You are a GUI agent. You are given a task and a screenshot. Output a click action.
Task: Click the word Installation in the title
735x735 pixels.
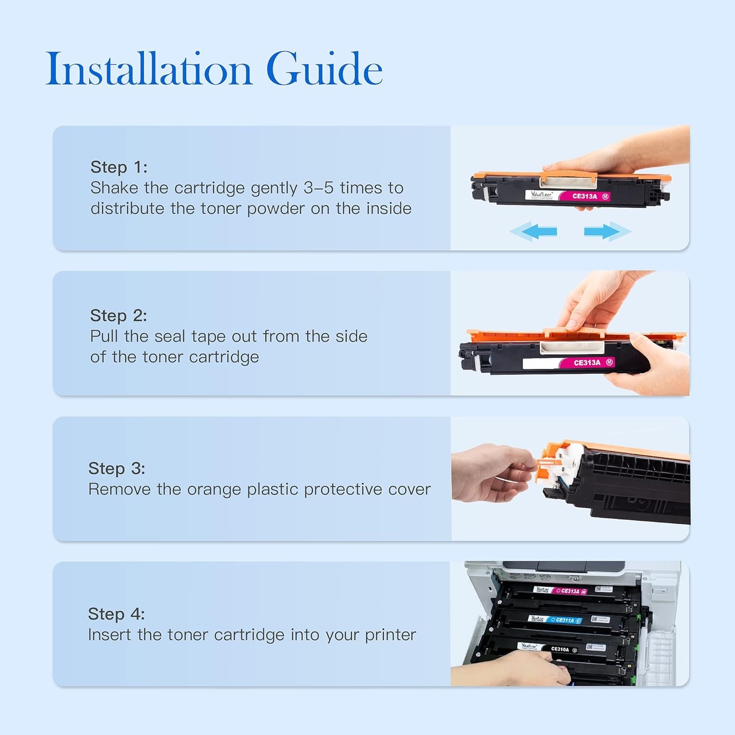tap(148, 69)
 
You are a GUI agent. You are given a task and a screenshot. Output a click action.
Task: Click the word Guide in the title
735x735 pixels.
tap(324, 69)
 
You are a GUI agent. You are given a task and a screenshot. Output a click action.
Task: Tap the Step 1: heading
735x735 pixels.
tap(119, 167)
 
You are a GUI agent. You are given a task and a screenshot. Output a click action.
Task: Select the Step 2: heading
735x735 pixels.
tap(119, 316)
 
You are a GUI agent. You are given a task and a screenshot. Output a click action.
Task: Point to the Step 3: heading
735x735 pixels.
tap(117, 468)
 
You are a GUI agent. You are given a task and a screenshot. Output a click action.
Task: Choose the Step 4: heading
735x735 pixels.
tap(116, 614)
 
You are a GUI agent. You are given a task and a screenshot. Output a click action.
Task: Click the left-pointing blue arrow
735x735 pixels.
tap(534, 231)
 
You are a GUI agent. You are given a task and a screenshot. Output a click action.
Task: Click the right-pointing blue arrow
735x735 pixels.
tap(607, 231)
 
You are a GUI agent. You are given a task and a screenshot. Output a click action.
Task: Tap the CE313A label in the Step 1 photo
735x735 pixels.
tap(585, 196)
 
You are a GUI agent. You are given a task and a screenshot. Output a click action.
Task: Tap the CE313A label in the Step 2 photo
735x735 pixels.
tap(587, 363)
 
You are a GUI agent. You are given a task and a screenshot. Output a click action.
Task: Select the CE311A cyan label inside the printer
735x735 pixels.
tap(564, 620)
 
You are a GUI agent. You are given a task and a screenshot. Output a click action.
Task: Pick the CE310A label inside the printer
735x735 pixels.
tap(560, 649)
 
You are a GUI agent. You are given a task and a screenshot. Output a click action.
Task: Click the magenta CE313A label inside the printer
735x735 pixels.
tap(570, 591)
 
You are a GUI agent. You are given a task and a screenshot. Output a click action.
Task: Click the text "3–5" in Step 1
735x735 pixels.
tap(318, 188)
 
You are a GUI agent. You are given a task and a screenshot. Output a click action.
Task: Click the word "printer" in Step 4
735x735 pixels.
tap(390, 635)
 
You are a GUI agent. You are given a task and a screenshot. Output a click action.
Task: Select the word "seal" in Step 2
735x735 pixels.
tap(170, 337)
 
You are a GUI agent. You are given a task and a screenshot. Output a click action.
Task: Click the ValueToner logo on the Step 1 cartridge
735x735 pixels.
tap(541, 195)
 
